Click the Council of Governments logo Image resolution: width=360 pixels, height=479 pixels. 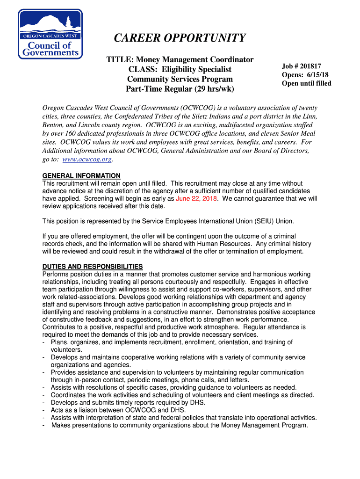click(50, 34)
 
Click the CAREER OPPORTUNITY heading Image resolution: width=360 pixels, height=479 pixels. click(180, 38)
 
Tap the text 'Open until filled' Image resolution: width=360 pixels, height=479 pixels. click(306, 83)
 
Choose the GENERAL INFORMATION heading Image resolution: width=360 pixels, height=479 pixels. click(81, 176)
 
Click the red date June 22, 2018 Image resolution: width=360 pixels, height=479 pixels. click(196, 198)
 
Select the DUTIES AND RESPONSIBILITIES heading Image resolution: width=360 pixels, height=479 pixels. click(93, 267)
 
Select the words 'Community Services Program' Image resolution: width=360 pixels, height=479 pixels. click(180, 79)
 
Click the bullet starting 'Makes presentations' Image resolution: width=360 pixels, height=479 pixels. click(180, 425)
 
